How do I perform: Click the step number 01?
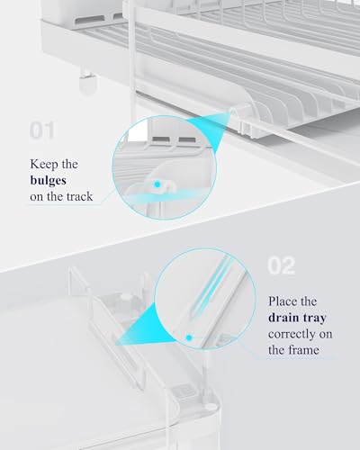coord(41,131)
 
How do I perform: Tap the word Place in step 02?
coord(285,301)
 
